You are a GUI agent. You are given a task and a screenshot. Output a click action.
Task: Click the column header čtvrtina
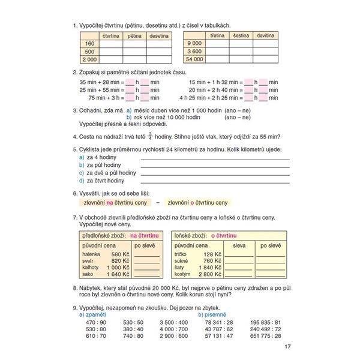tap(110, 36)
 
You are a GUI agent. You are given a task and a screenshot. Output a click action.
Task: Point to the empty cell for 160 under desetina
tap(158, 44)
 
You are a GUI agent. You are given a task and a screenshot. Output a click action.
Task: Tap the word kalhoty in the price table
tap(91, 268)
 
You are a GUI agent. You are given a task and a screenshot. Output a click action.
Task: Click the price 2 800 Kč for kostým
tap(209, 274)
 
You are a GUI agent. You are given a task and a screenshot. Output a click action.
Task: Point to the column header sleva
tap(239, 245)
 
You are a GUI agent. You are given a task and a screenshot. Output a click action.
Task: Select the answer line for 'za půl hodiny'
tap(214, 164)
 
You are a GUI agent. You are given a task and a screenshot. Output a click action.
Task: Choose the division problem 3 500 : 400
tap(175, 322)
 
